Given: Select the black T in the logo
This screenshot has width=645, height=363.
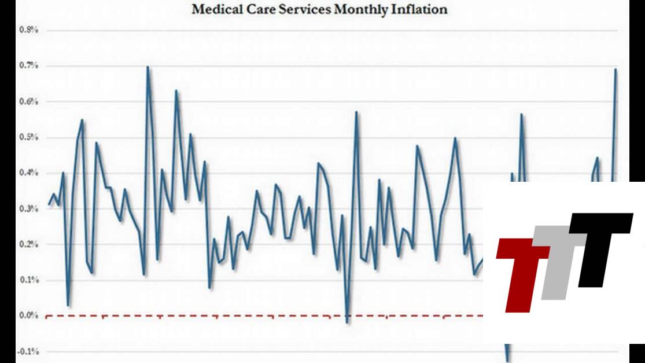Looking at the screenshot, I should tap(602, 243).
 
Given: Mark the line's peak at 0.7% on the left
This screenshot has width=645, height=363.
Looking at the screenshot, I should tap(148, 67).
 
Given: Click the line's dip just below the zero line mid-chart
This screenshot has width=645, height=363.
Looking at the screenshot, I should tap(347, 322).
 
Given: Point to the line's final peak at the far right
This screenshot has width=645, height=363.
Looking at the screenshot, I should tap(615, 69).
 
